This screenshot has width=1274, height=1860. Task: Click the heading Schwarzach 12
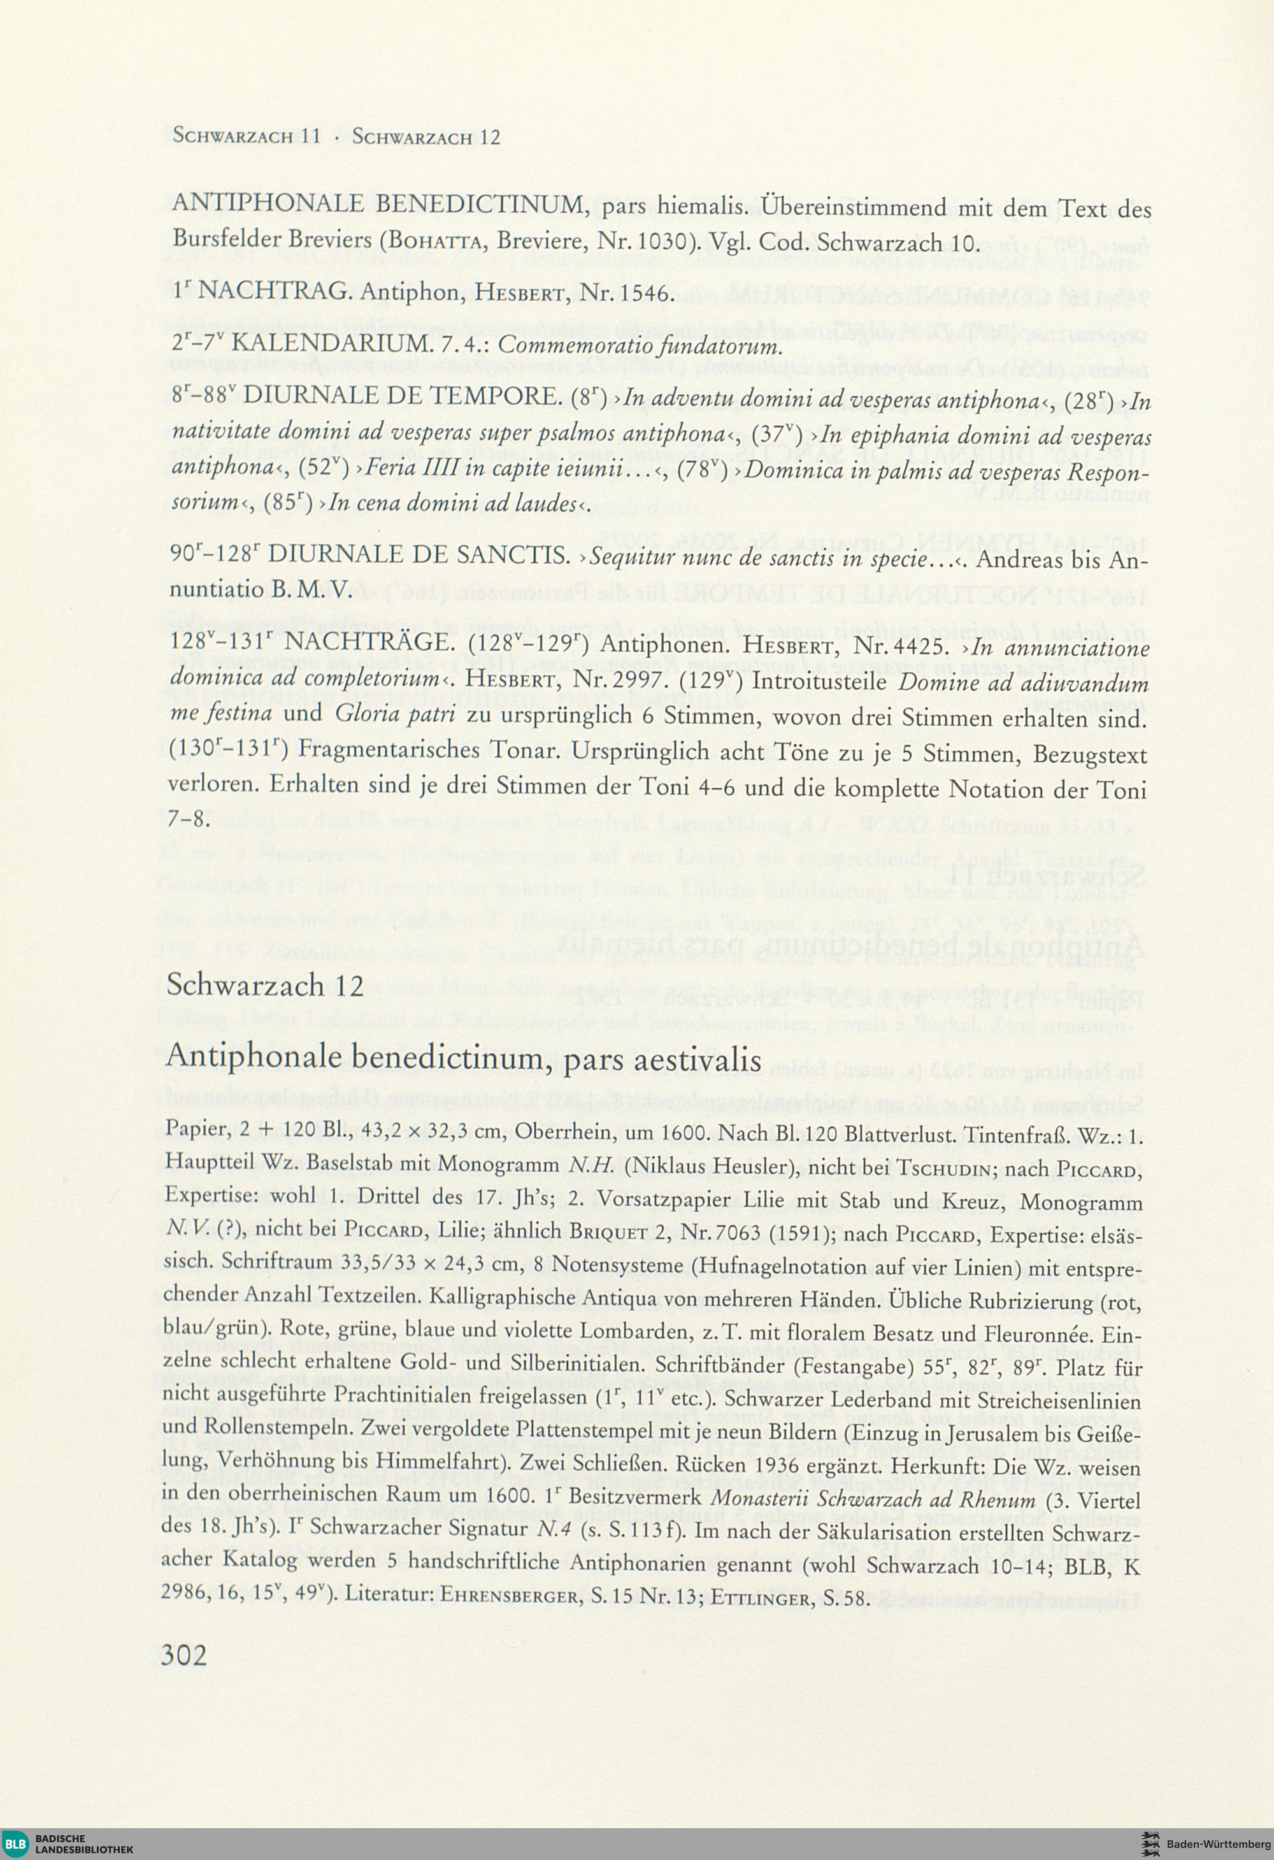(265, 985)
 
